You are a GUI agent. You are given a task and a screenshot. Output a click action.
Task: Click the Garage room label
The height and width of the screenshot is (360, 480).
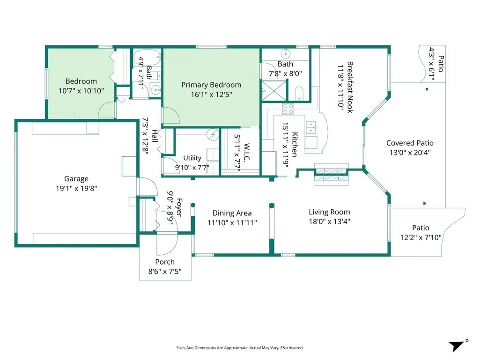tap(76, 179)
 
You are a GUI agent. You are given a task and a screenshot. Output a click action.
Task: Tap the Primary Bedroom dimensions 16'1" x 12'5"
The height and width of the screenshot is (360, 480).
tap(211, 94)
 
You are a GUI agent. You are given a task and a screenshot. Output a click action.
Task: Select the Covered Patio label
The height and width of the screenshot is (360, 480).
tap(410, 143)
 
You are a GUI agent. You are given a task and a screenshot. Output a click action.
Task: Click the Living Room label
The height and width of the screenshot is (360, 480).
tap(329, 212)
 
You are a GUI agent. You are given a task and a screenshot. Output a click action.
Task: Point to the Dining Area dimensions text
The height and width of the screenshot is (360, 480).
tap(232, 222)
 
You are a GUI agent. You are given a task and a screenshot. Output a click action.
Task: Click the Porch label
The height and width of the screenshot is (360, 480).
tap(165, 262)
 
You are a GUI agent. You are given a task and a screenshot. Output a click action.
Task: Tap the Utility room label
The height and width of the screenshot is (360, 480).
tap(192, 158)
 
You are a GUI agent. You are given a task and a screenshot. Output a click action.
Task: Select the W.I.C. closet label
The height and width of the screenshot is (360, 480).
tap(247, 152)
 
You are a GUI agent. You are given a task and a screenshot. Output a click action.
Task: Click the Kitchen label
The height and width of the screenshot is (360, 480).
tap(295, 145)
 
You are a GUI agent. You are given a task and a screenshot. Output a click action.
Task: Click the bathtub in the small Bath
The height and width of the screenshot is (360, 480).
tap(147, 57)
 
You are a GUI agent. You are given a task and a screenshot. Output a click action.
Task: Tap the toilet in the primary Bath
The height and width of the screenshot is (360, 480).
tap(299, 93)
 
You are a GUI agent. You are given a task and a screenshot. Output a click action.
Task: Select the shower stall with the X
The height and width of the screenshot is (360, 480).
tap(274, 90)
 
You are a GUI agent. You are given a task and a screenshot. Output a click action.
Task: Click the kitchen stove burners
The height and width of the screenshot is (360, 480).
tap(288, 109)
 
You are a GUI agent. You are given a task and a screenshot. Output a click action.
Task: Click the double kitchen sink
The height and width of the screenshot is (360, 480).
tap(311, 128)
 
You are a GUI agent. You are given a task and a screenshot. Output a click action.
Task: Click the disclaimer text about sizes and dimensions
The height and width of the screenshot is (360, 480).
tap(240, 348)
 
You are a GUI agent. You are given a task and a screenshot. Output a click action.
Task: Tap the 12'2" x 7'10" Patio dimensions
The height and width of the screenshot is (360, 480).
tap(421, 237)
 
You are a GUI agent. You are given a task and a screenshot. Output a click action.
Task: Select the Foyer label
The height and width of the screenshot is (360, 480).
tap(179, 207)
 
